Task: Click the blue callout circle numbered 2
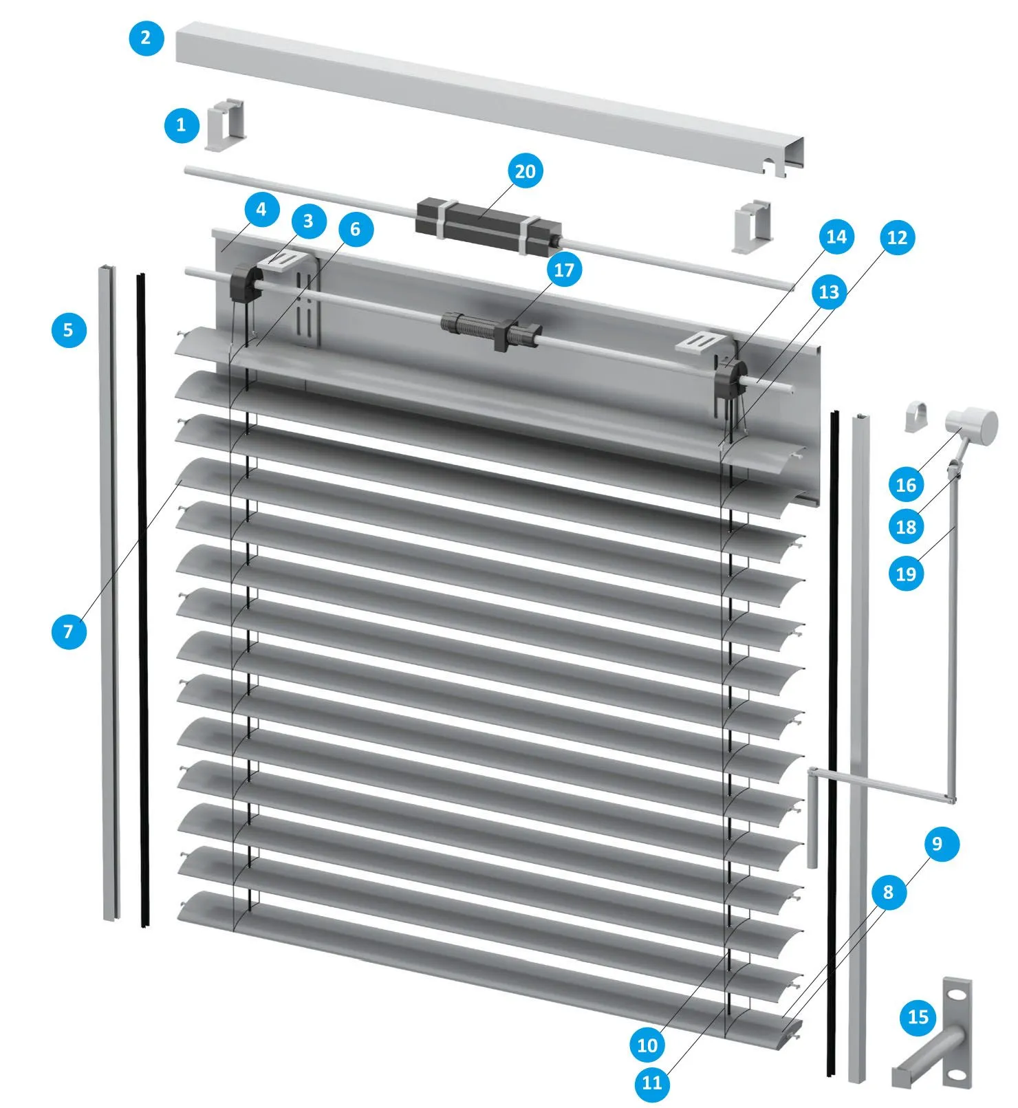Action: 147,37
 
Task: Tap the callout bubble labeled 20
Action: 525,171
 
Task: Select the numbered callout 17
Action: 564,270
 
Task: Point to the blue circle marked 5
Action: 69,329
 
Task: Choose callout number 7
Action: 69,631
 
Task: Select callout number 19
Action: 907,574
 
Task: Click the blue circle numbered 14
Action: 836,237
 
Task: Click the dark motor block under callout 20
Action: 488,224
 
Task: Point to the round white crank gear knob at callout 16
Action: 972,426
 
